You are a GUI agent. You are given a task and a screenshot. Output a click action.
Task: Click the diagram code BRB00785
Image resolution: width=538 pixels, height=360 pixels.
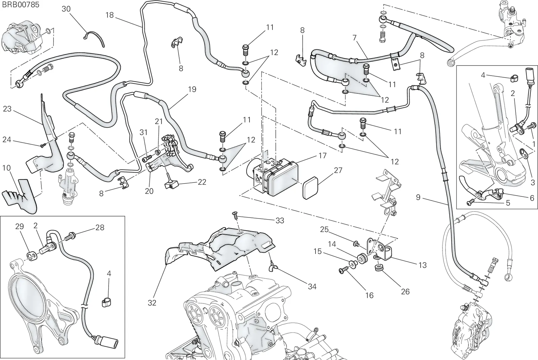tap(21, 5)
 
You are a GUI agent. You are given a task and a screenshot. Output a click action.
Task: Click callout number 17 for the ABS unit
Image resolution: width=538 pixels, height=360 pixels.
tap(322, 156)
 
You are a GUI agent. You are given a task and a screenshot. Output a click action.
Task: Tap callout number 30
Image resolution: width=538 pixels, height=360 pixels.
tap(66, 9)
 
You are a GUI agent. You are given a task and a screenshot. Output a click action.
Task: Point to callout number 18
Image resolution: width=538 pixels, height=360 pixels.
tap(109, 15)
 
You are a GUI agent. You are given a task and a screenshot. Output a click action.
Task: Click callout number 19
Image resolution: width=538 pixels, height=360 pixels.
tap(192, 89)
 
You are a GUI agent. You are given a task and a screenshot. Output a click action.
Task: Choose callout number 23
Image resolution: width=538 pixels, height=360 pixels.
tap(7, 109)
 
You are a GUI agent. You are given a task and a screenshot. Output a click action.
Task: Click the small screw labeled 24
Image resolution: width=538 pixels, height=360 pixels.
tap(43, 145)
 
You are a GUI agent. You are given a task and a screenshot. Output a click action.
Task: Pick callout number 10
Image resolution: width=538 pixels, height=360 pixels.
tap(6, 168)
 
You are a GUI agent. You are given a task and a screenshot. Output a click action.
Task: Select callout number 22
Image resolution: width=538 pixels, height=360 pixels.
tap(202, 182)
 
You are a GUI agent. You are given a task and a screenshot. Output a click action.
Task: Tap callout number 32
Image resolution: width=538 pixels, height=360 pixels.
tap(152, 303)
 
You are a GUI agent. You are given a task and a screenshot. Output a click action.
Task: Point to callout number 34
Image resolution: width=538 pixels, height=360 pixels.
tap(312, 286)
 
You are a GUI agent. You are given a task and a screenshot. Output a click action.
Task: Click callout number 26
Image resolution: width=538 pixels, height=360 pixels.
tap(405, 291)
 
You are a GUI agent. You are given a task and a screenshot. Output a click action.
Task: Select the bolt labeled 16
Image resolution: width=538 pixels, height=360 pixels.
tap(343, 271)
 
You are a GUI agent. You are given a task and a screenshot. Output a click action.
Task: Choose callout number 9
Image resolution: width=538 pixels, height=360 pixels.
tap(418, 197)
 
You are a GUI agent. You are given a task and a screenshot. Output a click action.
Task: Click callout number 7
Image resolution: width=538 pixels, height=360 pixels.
tap(354, 38)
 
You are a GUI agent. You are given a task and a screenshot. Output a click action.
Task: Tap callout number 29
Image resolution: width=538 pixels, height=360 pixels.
tap(20, 227)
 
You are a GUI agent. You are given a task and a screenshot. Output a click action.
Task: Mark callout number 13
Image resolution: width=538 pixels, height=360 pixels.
tap(422, 265)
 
